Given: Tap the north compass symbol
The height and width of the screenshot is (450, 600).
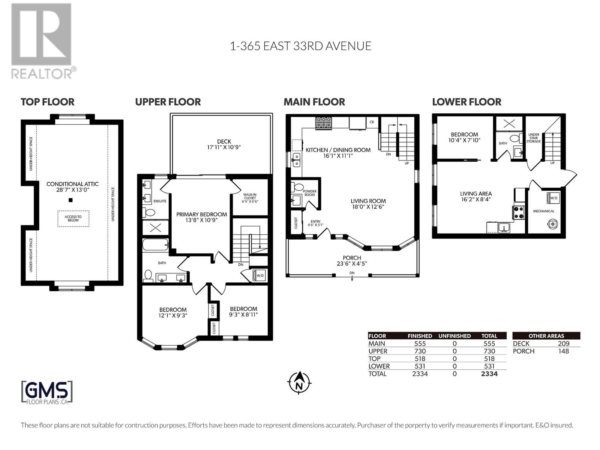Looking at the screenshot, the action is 299,382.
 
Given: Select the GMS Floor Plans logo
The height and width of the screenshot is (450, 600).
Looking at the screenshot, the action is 47,392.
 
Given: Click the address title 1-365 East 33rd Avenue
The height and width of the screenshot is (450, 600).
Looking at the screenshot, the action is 301,46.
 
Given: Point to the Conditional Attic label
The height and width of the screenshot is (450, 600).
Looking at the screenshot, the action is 72,187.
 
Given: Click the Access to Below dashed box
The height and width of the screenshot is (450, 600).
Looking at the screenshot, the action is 73,218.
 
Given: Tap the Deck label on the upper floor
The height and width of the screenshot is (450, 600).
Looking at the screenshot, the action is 224,144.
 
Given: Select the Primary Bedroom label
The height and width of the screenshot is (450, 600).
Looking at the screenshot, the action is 201,217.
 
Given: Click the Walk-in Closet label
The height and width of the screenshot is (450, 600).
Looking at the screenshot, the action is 250,198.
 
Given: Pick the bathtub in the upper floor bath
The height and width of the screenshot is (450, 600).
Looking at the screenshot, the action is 155,244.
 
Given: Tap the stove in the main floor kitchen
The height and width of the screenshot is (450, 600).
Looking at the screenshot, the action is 324,123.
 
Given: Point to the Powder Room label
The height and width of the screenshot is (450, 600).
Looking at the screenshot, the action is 309,193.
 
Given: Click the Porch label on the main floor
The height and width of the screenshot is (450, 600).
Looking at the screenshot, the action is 352,260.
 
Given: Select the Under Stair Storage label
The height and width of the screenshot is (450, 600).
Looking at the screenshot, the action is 533,138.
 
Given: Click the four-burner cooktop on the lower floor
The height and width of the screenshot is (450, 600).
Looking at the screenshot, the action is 518,213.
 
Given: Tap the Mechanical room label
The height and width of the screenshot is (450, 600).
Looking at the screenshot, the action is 544,211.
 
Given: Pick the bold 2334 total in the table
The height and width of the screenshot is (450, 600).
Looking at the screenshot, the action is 489,373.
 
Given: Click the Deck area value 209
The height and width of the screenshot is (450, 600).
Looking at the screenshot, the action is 563,343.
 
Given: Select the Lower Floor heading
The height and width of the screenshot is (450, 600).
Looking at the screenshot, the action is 466,102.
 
